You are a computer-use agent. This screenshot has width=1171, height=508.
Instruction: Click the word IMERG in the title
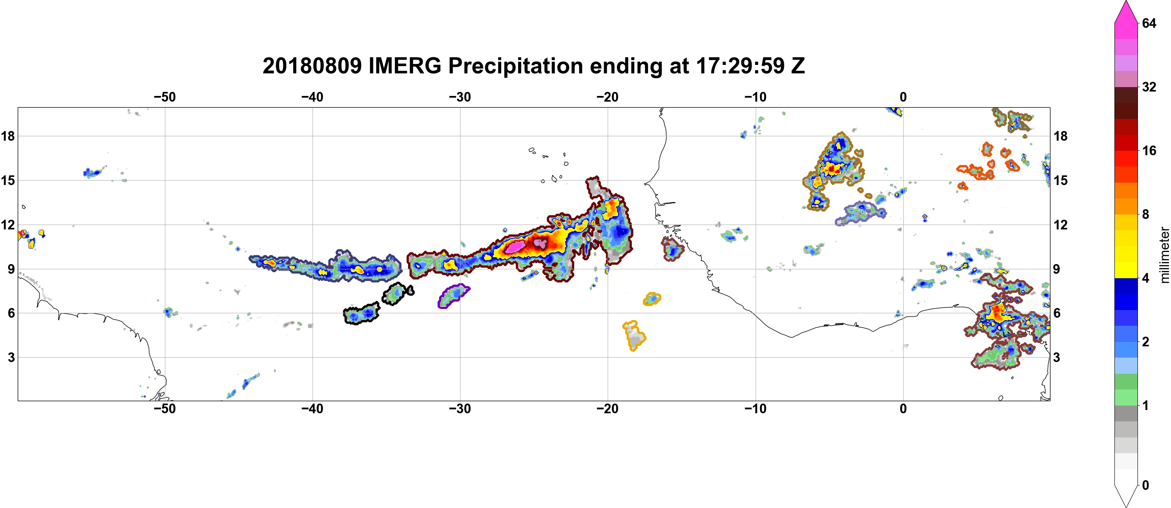pos(404,66)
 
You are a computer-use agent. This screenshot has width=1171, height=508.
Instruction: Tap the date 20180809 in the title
pos(312,66)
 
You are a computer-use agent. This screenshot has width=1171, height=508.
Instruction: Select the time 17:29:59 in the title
pos(740,66)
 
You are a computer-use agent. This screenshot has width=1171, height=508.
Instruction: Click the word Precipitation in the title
pos(516,66)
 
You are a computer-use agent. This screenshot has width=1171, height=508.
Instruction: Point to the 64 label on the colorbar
pos(1149,23)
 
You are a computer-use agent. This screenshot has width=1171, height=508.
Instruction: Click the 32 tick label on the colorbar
pos(1149,87)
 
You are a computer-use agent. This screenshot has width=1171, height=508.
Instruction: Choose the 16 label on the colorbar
pos(1149,150)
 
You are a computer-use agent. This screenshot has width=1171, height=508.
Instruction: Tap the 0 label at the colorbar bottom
pos(1146,485)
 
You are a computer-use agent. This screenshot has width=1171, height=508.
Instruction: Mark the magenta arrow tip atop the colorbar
pos(1126,1)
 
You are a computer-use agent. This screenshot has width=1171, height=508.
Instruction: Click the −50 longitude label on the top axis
pos(165,97)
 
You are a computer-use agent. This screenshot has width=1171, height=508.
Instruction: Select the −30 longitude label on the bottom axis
pos(460,409)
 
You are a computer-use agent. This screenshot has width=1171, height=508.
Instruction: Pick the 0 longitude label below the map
pos(903,409)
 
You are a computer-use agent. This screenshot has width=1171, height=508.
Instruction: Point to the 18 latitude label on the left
pos(8,136)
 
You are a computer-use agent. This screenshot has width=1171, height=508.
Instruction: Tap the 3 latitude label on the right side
pos(1056,358)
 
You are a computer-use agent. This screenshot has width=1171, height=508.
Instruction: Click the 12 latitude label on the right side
pos(1061,225)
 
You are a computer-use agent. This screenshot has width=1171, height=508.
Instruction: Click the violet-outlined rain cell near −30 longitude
pos(453,296)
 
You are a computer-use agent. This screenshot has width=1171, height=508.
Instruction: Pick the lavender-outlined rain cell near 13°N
pos(861,213)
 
